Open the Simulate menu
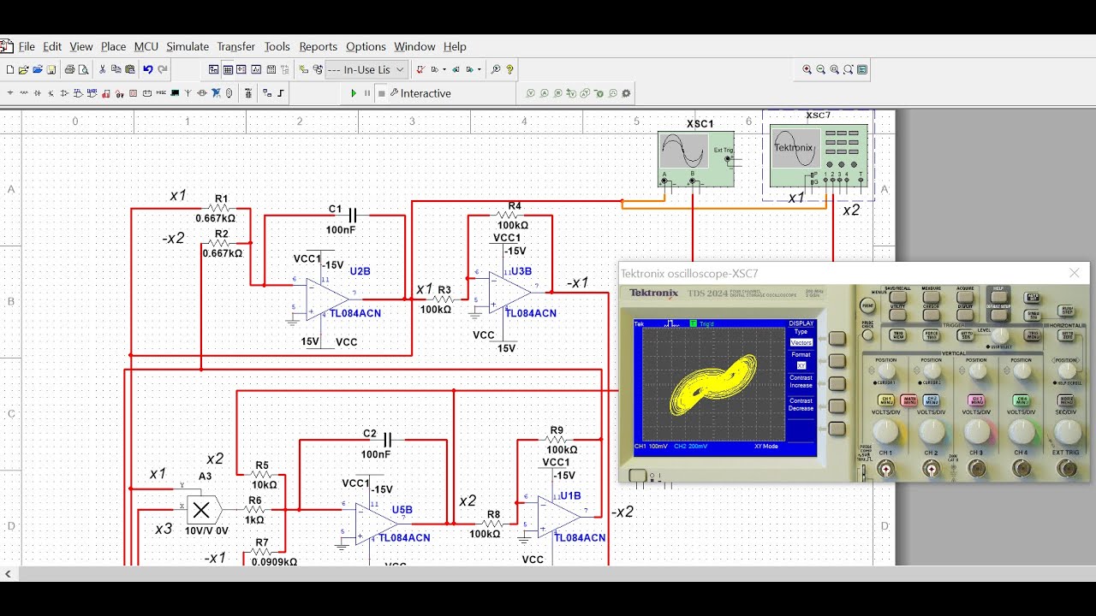point(187,46)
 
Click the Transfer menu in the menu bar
point(235,46)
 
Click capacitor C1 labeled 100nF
point(351,216)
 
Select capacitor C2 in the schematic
point(387,440)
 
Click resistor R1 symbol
point(220,208)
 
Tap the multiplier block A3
point(201,511)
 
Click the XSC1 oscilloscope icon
point(695,157)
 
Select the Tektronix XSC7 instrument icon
point(818,154)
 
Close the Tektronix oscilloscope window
point(1075,273)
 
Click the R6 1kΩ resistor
point(255,510)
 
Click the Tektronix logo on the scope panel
point(654,293)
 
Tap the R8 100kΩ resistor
point(492,524)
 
